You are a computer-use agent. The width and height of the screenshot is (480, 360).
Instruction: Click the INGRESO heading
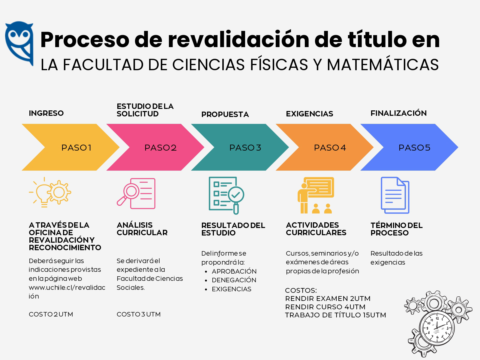46,113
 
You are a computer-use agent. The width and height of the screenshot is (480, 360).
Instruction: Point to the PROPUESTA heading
225,114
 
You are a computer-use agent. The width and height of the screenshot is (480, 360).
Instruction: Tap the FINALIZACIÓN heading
398,113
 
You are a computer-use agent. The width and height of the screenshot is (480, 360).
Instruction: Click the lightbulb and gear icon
50,192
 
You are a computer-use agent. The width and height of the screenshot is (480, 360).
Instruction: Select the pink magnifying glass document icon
136,193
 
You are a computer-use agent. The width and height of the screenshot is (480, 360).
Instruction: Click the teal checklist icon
226,195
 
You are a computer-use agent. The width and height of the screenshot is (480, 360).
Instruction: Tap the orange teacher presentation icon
316,195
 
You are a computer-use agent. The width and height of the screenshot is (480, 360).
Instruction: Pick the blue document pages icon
395,195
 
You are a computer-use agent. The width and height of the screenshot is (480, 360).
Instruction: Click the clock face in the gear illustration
437,328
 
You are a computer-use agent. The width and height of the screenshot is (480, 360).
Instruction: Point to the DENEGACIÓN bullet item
234,280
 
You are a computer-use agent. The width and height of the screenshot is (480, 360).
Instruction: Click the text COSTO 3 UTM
139,314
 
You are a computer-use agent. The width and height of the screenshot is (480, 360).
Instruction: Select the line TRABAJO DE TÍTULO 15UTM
335,315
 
